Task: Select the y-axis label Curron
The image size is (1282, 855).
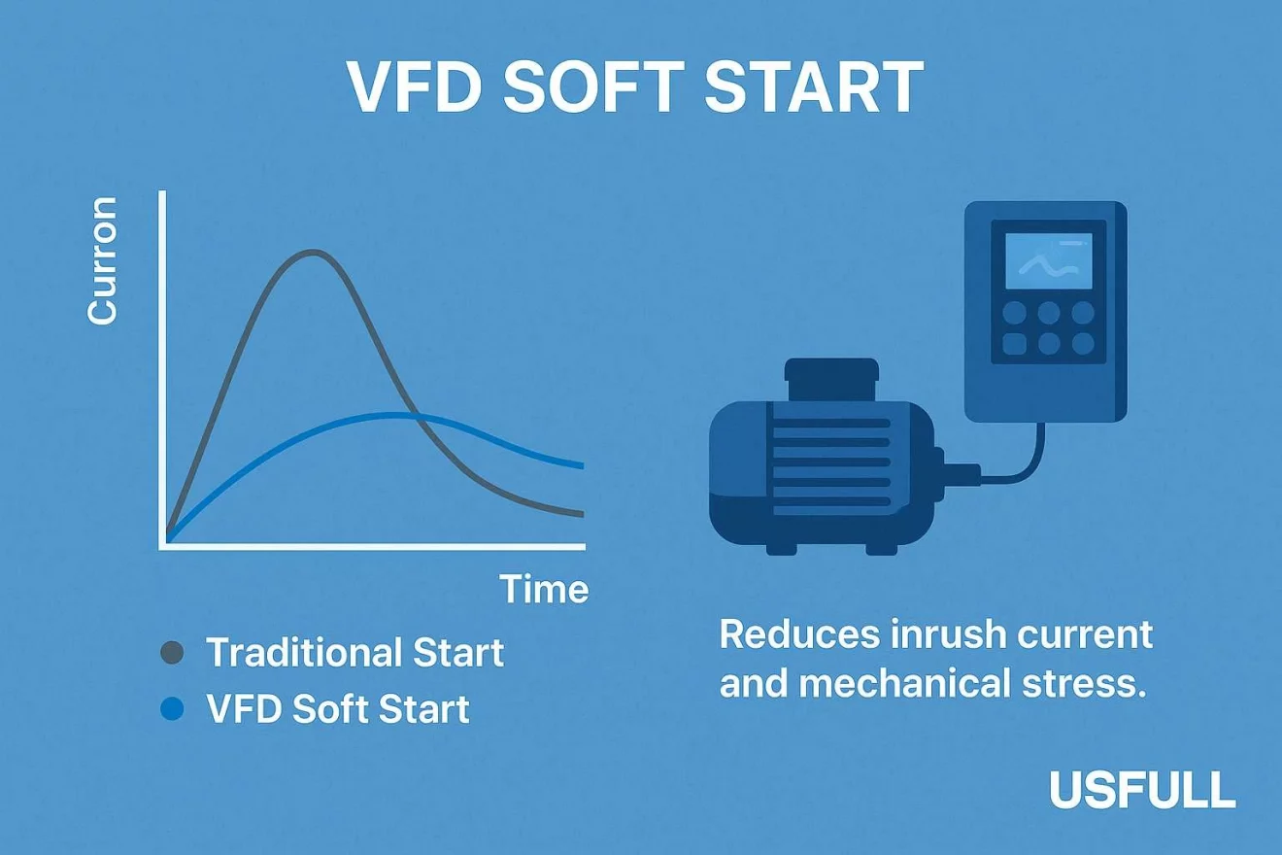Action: [102, 260]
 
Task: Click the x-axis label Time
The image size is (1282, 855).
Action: [543, 589]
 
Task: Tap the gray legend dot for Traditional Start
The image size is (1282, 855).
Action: [171, 653]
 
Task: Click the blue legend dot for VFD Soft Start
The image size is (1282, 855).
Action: [171, 709]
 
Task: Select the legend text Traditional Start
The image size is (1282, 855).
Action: [354, 653]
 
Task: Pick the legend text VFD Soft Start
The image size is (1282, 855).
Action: [338, 709]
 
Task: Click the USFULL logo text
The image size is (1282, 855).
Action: [1142, 791]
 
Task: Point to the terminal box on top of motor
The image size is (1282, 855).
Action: [831, 379]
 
